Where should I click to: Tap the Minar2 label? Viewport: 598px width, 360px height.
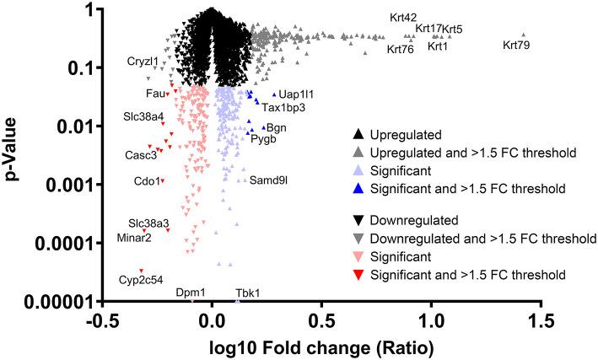tap(134, 238)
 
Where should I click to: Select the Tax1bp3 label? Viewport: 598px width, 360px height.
tap(283, 108)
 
